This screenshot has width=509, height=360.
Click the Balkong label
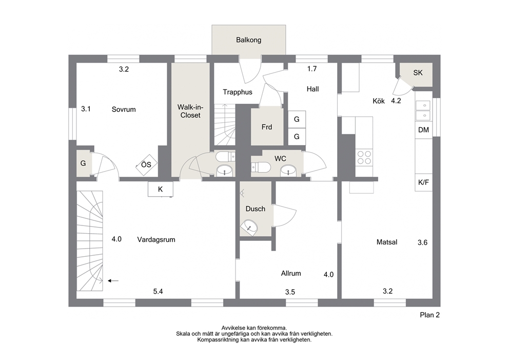pyautogui.click(x=249, y=40)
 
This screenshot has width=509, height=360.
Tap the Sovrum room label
pyautogui.click(x=124, y=109)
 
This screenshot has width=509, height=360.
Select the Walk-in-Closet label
pyautogui.click(x=190, y=111)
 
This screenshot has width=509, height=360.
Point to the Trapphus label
pyautogui.click(x=237, y=92)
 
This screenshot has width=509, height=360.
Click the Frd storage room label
pyautogui.click(x=267, y=127)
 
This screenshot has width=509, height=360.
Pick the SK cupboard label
pyautogui.click(x=418, y=73)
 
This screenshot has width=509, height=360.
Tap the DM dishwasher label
pyautogui.click(x=423, y=130)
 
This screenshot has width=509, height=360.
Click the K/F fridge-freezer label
pyautogui.click(x=423, y=183)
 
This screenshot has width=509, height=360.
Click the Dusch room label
pyautogui.click(x=256, y=209)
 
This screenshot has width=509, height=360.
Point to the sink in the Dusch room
pyautogui.click(x=250, y=226)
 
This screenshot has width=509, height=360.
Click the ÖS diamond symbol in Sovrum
pyautogui.click(x=146, y=165)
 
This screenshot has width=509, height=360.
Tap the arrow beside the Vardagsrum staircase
pyautogui.click(x=113, y=281)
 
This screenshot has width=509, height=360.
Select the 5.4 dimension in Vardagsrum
pyautogui.click(x=158, y=292)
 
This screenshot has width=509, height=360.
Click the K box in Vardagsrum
pyautogui.click(x=161, y=189)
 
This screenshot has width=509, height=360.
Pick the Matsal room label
pyautogui.click(x=387, y=242)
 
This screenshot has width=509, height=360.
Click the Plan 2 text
pyautogui.click(x=430, y=315)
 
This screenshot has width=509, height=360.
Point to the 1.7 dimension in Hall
pyautogui.click(x=312, y=69)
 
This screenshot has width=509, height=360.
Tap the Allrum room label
pyautogui.click(x=291, y=274)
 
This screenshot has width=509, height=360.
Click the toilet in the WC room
pyautogui.click(x=261, y=167)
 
